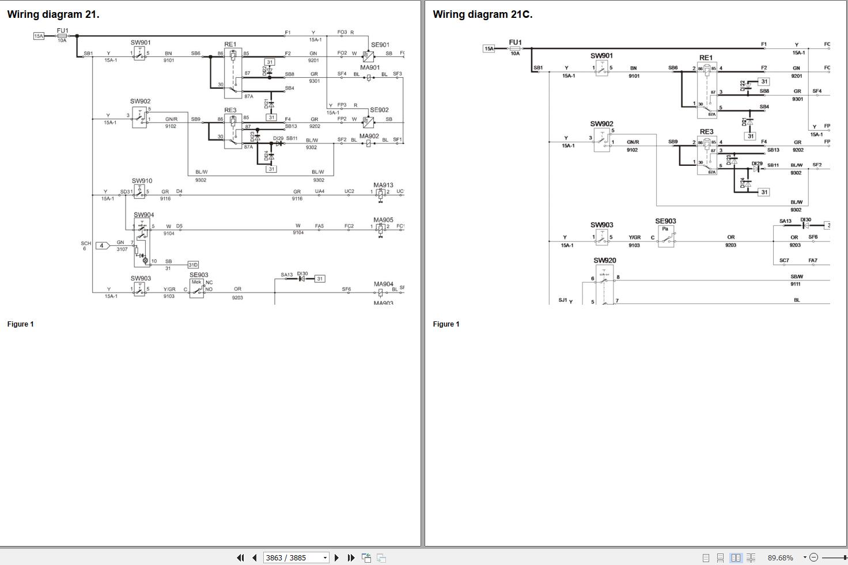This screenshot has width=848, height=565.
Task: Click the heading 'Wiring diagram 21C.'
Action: click(x=482, y=14)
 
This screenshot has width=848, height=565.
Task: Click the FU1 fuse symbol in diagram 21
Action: click(x=62, y=36)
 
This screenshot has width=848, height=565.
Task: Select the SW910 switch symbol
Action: click(x=139, y=192)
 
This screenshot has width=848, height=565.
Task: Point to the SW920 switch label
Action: click(x=604, y=260)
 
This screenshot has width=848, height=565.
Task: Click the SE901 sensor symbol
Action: click(x=368, y=55)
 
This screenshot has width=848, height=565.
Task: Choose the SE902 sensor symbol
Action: click(x=368, y=122)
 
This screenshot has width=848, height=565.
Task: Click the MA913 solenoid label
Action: click(x=383, y=185)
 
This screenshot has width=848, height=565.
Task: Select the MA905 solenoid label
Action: click(x=383, y=219)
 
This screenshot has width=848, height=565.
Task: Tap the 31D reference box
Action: click(x=193, y=265)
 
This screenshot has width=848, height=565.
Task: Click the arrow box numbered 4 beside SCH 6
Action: click(x=102, y=245)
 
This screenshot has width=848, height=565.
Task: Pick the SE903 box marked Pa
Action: click(x=665, y=236)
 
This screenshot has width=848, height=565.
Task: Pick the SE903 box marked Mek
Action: click(x=197, y=288)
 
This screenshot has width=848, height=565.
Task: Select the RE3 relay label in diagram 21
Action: click(x=230, y=110)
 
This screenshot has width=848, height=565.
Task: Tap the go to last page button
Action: click(x=351, y=558)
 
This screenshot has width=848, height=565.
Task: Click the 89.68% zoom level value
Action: click(x=780, y=558)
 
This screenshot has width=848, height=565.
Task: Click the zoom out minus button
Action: click(x=813, y=557)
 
